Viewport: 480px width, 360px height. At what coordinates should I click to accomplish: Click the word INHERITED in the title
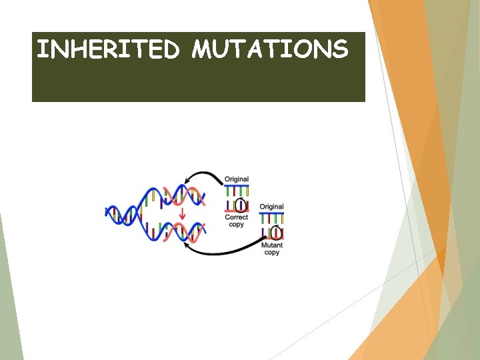(x=107, y=49)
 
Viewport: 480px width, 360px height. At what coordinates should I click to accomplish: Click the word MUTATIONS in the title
(x=270, y=49)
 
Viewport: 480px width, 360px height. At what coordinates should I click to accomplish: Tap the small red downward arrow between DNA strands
(x=182, y=213)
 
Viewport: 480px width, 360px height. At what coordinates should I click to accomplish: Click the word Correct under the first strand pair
(x=237, y=217)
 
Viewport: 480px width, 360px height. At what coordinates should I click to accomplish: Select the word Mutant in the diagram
(x=271, y=245)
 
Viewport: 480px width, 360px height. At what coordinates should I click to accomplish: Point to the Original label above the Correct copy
(x=237, y=179)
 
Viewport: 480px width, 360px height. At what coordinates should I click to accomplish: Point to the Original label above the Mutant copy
(x=271, y=207)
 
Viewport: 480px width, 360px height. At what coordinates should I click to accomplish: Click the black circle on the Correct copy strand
(x=242, y=205)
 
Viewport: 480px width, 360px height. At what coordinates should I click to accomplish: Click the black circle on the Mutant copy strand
(x=276, y=233)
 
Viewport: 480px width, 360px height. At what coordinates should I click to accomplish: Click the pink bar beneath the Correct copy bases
(x=237, y=212)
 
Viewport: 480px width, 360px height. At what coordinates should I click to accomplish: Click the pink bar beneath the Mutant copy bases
(x=271, y=239)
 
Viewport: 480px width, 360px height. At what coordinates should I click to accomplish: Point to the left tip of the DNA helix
(x=107, y=213)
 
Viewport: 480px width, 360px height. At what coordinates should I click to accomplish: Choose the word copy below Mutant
(x=271, y=253)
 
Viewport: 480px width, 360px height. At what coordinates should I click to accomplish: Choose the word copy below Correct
(x=237, y=225)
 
